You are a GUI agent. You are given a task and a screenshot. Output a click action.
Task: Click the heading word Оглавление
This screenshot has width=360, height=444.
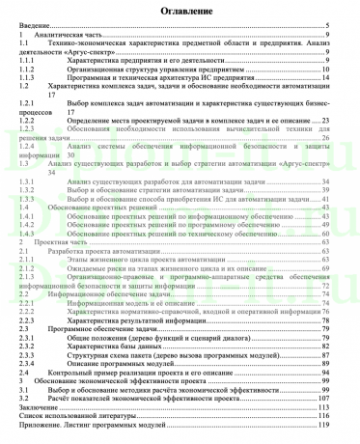(x=180, y=11)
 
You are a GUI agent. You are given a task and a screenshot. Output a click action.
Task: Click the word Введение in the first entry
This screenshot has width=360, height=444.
(x=34, y=24)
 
